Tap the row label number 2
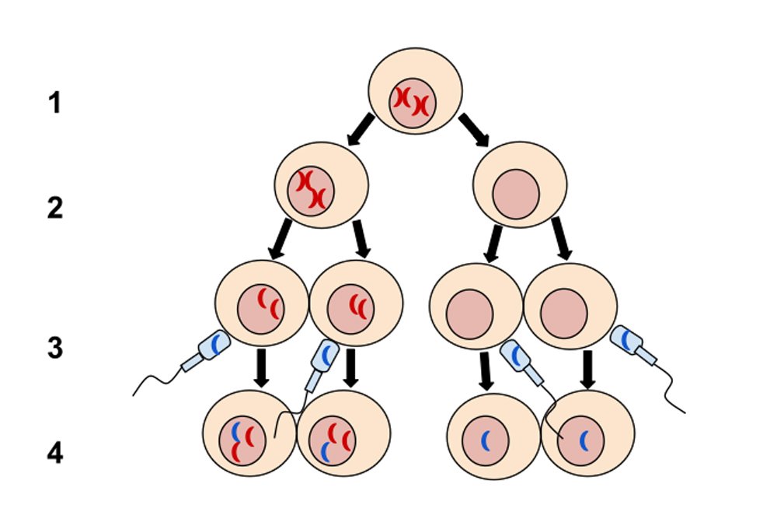[54, 209]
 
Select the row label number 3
[54, 348]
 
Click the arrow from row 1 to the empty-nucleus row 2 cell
[474, 129]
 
